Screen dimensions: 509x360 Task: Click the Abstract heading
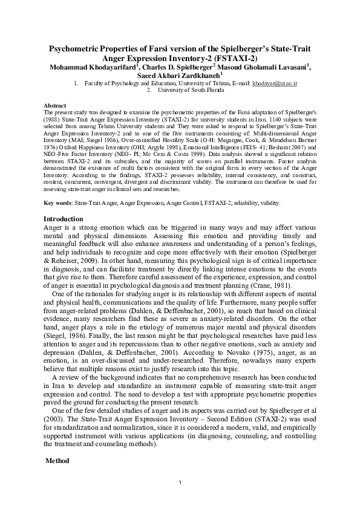[x=56, y=106]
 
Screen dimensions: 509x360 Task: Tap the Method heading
[x=59, y=461]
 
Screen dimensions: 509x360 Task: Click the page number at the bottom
[x=180, y=482]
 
